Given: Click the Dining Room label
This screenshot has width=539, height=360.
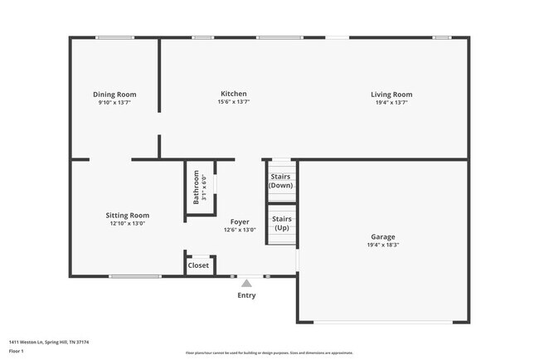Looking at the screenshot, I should pos(114,95).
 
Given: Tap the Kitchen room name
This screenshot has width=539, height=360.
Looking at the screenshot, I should pos(233,94).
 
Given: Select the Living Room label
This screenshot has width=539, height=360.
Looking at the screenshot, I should pos(391,95).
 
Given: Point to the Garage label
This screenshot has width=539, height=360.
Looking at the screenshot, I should pos(382,236).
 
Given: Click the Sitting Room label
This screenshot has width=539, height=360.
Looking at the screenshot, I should pos(128,215).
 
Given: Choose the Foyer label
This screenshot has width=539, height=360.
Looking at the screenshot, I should pos(240,221).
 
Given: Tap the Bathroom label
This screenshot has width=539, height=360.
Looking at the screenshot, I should pos(197,187).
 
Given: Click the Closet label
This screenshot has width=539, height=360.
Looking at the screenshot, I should pos(199,265).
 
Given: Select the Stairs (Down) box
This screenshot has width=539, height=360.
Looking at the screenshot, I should pos(280,181).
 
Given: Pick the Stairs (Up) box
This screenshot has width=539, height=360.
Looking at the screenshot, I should pos(280,222).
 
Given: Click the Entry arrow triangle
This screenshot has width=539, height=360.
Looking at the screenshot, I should pos(246,283).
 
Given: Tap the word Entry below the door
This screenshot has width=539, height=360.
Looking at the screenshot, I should pos(246,295).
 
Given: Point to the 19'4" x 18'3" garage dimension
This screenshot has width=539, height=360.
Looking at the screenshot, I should pos(382,245).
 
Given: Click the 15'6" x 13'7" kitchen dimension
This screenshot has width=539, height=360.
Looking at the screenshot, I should pos(233,102).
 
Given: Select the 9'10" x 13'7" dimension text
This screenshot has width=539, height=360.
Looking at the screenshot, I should pos(114,103).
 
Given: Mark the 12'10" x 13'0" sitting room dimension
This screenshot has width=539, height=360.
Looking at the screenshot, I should pos(128,223).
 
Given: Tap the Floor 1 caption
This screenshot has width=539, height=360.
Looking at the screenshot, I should pos(17,351).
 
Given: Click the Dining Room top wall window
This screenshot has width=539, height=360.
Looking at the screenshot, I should pos(114,37).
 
